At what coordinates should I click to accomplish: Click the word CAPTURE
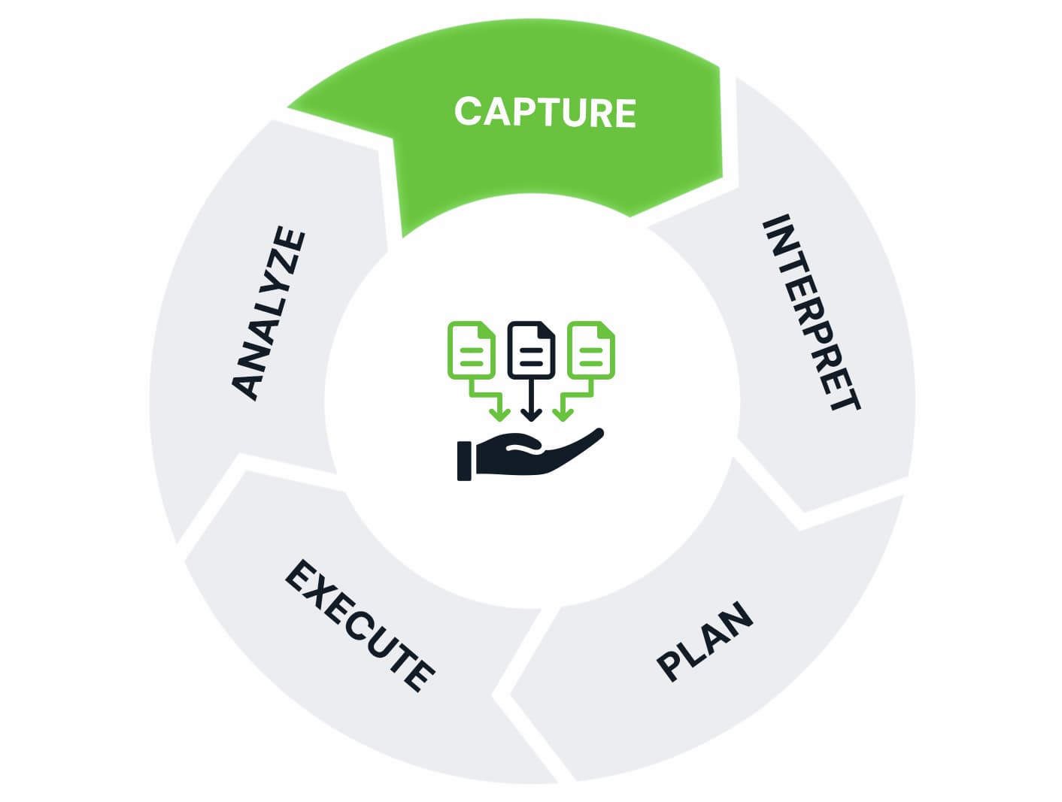point(545,113)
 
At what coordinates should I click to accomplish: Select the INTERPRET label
point(811,313)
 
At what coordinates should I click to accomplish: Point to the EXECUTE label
point(360,624)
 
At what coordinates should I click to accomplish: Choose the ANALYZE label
point(269,313)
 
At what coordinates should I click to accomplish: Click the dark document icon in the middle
point(531,350)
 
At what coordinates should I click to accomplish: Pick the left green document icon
point(472,350)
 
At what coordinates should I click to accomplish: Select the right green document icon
point(591,350)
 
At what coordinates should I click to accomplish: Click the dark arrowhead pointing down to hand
point(532,414)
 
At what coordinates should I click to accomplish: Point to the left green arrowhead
point(499,414)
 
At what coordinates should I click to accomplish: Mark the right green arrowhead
point(563,414)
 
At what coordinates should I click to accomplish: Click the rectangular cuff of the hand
point(464,461)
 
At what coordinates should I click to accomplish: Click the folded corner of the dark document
point(547,328)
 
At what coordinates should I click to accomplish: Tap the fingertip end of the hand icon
point(598,433)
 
